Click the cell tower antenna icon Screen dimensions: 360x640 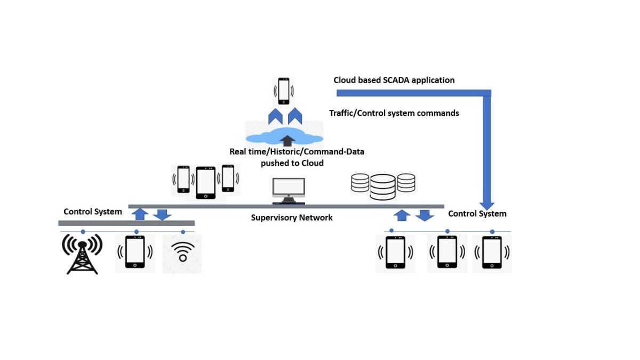click(x=82, y=254)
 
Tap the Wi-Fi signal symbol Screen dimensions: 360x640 click(x=182, y=252)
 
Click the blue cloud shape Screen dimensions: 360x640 click(x=284, y=136)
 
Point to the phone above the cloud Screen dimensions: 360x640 click(x=284, y=91)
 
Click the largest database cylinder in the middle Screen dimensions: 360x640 click(x=383, y=187)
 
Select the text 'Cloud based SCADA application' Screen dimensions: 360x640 click(x=394, y=80)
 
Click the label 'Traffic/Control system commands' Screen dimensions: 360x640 click(x=394, y=113)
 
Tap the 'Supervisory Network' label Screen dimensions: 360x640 click(x=292, y=218)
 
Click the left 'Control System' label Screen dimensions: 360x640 click(x=93, y=212)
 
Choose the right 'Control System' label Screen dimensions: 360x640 click(x=477, y=214)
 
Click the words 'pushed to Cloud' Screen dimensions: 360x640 click(x=292, y=163)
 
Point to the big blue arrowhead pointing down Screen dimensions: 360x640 click(x=487, y=205)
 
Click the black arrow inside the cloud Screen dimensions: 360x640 click(x=287, y=141)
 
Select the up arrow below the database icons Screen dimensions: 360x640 click(x=402, y=215)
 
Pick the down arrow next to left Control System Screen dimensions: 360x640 click(x=162, y=214)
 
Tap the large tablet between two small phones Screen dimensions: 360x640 click(x=206, y=182)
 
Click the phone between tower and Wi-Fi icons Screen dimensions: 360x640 click(x=135, y=252)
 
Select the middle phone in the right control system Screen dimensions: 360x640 click(x=447, y=251)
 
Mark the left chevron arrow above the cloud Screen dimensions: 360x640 click(x=275, y=116)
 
